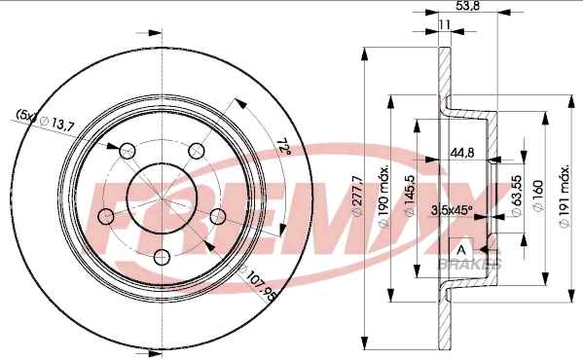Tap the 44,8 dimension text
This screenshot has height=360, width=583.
coord(462,151)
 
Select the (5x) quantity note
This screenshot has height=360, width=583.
coord(25,117)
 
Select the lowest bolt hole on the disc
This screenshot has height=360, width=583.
coord(162,257)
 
